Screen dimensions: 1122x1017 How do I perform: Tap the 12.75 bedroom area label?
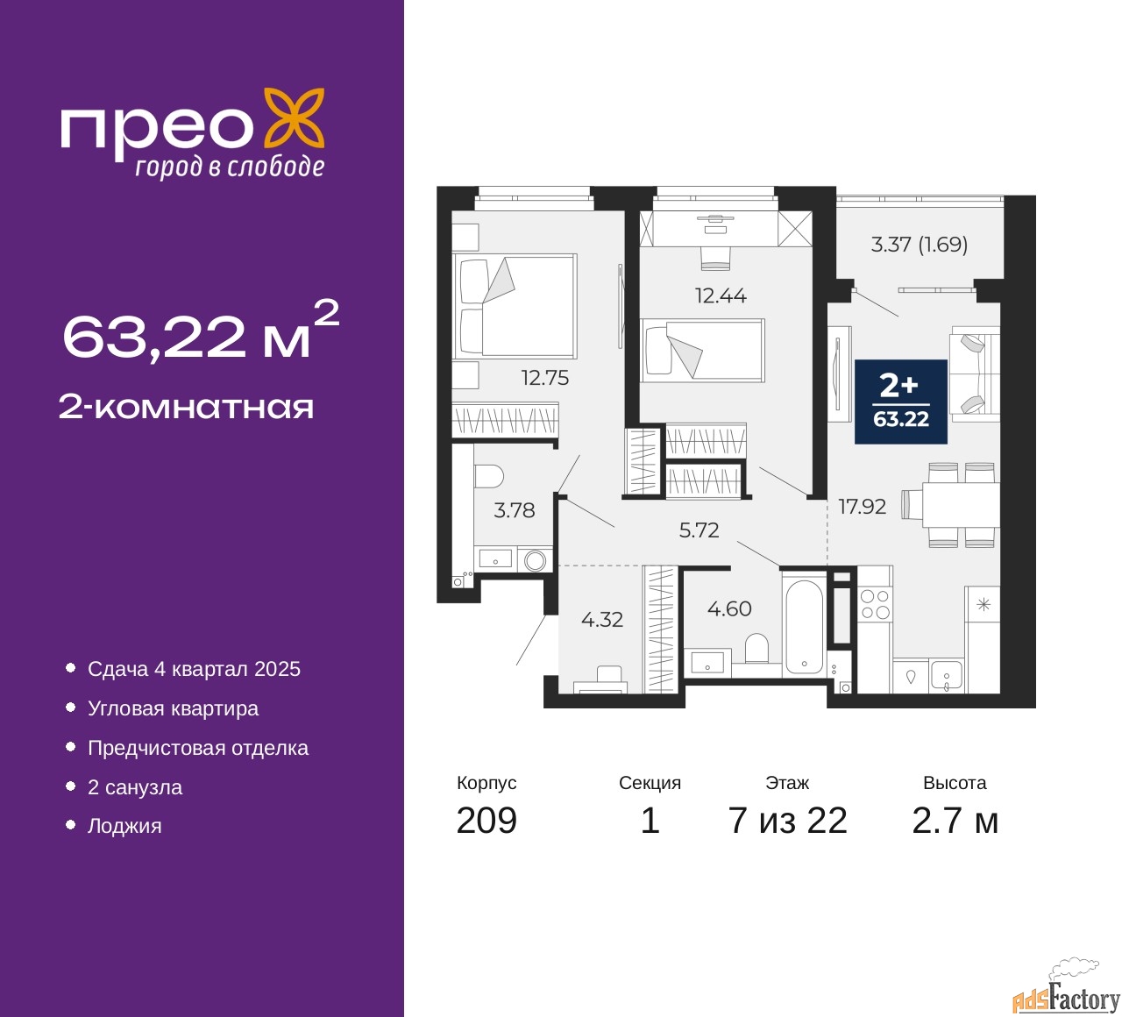click(x=544, y=378)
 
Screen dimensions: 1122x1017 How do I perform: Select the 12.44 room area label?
click(x=721, y=295)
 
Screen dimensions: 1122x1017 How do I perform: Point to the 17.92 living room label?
click(x=862, y=507)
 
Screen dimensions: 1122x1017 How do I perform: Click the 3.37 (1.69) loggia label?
click(x=919, y=245)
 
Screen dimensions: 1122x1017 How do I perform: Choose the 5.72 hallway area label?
click(x=699, y=530)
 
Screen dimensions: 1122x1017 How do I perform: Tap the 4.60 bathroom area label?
click(x=729, y=608)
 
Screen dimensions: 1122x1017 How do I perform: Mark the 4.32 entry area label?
click(x=602, y=620)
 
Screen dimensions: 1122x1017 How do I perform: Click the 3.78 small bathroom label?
click(x=514, y=510)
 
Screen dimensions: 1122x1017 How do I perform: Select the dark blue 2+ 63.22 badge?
click(x=900, y=402)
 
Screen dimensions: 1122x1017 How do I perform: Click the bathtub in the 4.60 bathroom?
click(x=804, y=627)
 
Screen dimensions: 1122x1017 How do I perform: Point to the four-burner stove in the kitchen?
click(x=875, y=604)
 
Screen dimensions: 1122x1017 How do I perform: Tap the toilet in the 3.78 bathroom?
click(x=489, y=476)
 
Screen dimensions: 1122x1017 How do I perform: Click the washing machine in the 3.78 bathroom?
click(x=535, y=560)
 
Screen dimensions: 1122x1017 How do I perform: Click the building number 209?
click(x=486, y=821)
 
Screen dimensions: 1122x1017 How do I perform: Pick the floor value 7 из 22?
click(x=787, y=821)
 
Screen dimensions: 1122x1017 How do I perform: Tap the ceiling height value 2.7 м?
click(x=955, y=821)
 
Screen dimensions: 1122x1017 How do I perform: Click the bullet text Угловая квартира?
click(x=174, y=708)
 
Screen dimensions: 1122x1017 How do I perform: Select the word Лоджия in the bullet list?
click(x=124, y=826)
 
